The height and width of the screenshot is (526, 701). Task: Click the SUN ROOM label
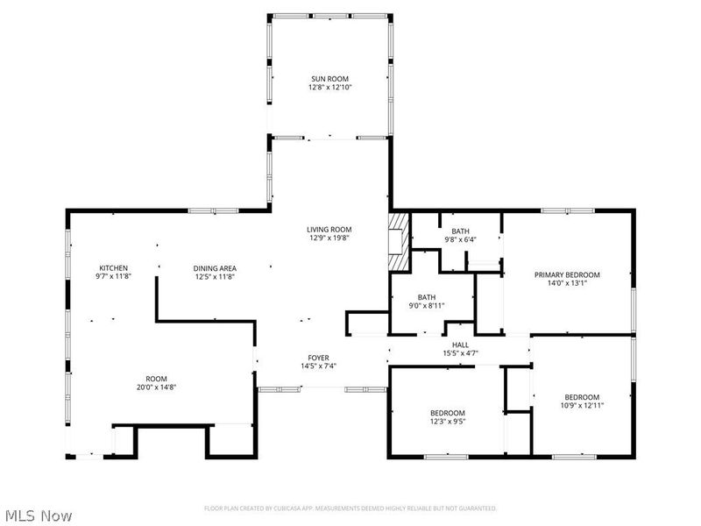coord(329,79)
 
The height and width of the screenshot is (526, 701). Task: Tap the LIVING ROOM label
coord(329,229)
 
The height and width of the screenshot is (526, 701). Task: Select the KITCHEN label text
coord(114,268)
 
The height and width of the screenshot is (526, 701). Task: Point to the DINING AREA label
coord(215,268)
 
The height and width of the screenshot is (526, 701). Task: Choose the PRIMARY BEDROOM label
coord(567,274)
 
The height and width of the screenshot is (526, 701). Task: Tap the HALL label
coord(459,345)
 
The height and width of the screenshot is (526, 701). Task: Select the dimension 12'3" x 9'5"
coord(447,422)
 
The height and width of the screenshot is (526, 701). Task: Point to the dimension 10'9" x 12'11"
coord(582,405)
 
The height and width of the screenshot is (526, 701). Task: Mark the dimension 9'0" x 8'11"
coord(427,306)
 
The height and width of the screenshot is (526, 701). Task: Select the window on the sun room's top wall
coord(329,15)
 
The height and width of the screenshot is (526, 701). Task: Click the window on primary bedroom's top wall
coord(556,210)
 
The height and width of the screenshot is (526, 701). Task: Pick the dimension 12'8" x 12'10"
coord(329,88)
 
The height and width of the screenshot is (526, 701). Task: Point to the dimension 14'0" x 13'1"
coord(567,283)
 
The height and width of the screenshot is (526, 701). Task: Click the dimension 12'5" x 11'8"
coord(215,277)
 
